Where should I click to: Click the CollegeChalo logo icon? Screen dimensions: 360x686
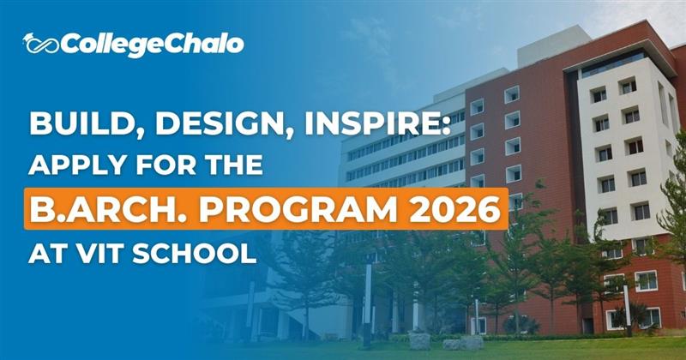point(40,43)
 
